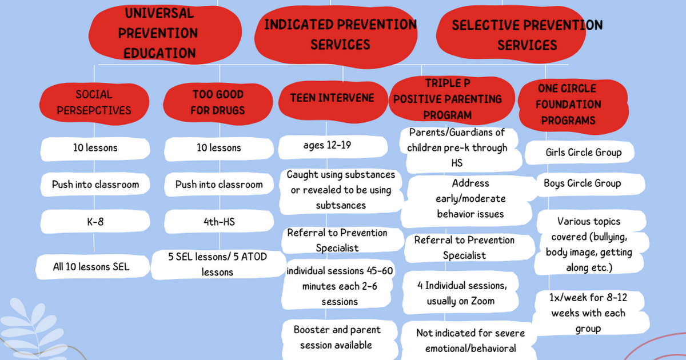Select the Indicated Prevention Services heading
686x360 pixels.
(340, 34)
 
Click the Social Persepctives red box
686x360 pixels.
(94, 102)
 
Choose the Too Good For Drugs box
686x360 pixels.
(217, 102)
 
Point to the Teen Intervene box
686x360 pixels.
(332, 98)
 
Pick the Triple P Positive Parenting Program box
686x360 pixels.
(448, 99)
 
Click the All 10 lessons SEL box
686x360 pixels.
(91, 266)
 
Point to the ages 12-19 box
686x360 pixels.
(328, 145)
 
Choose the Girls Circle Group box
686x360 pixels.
(584, 153)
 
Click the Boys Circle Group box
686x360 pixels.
(583, 183)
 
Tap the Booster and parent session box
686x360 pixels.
(337, 337)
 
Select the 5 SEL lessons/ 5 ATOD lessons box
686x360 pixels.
(217, 265)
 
